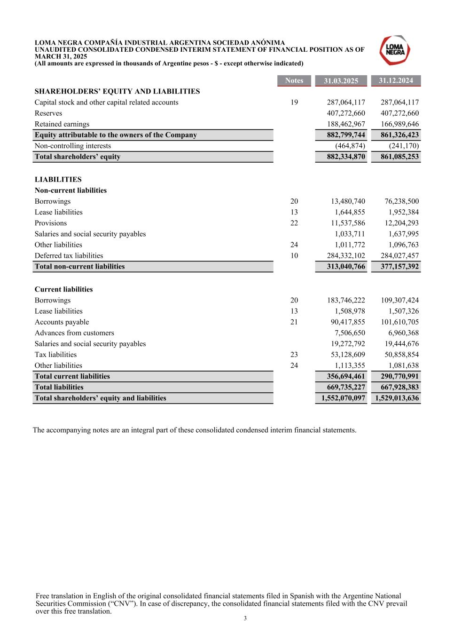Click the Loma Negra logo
pos(395,50)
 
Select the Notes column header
pos(294,80)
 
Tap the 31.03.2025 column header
pos(341,81)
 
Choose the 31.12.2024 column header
pos(396,80)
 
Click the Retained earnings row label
pos(62,124)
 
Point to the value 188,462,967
pos(346,124)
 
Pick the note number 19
pos(294,103)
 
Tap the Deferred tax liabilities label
pos(69,256)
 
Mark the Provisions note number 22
pos(294,223)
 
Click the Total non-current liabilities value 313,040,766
pos(346,266)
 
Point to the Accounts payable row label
pos(62,322)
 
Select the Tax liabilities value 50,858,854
pos(399,355)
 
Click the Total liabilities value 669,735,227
pos(346,387)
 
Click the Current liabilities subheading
pos(63,289)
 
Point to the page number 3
pos(245,618)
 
